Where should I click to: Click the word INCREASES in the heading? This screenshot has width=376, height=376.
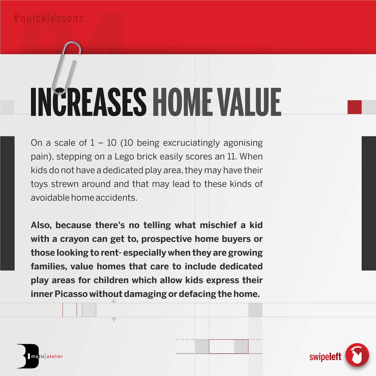tap(88, 102)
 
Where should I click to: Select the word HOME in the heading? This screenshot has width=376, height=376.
tap(182, 102)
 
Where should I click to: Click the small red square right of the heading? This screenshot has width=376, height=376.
tap(355, 107)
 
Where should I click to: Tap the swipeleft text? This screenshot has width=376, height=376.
tap(325, 357)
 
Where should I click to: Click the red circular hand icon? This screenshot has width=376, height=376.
tap(357, 355)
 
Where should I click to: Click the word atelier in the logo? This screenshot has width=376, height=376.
tap(55, 357)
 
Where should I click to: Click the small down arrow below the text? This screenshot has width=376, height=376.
tap(114, 300)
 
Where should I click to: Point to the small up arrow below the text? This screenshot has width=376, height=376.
tap(114, 319)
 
